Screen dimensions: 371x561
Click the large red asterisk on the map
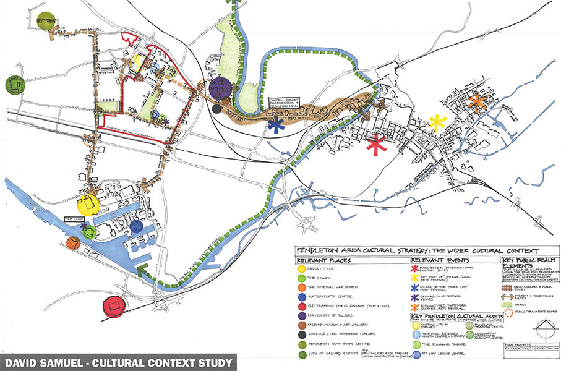[x=375, y=145]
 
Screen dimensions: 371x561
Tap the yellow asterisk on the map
[x=437, y=124]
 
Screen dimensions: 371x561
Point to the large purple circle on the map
[x=220, y=88]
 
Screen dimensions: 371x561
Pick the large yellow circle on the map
[x=88, y=204]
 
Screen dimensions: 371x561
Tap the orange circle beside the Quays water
[x=73, y=243]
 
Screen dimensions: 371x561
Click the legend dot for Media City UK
[x=301, y=269]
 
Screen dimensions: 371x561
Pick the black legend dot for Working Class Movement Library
[x=301, y=332]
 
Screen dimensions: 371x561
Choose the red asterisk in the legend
[x=414, y=269]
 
